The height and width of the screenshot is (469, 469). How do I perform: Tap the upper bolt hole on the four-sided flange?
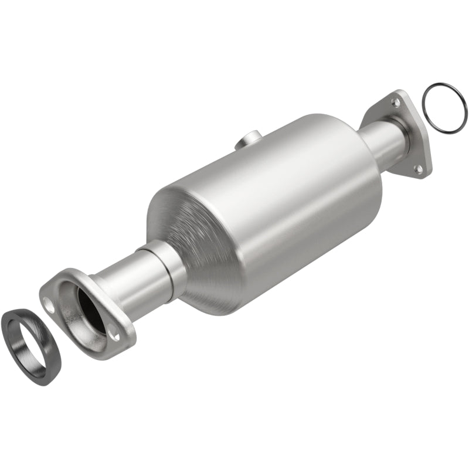(396, 103)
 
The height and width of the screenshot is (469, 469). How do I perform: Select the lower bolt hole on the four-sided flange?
(418, 169)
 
